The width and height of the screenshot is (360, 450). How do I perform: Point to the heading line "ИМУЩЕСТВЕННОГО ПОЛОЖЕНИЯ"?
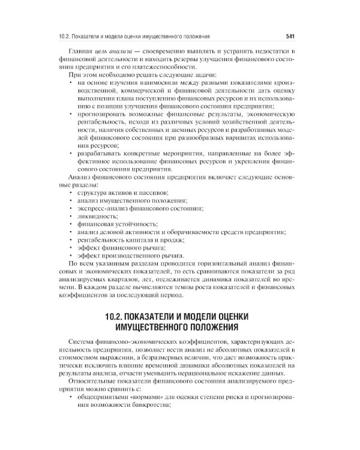[x=180, y=327]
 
